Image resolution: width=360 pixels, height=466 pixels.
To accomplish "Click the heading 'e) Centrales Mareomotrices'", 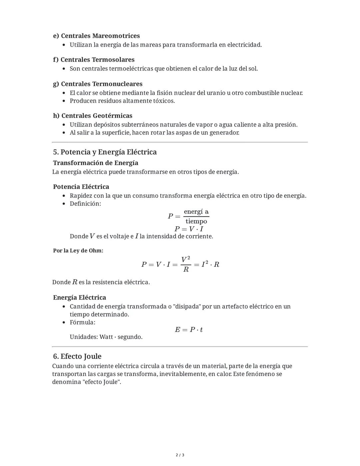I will (96, 36).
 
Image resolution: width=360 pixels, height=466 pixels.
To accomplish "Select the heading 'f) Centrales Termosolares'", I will (94, 60).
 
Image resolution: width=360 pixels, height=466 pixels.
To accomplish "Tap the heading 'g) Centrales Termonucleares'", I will (98, 84).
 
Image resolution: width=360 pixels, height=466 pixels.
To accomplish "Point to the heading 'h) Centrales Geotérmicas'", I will (93, 116).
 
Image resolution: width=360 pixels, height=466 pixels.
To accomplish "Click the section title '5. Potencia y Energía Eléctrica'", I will (105, 152).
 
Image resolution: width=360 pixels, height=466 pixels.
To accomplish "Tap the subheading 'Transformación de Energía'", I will (95, 163).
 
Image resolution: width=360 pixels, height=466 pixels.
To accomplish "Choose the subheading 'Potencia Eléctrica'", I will (81, 187).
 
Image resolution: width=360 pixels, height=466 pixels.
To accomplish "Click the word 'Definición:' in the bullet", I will (85, 203).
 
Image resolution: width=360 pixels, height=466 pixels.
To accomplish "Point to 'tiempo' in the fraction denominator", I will (196, 221).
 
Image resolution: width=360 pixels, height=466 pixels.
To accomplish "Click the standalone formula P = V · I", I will (189, 229).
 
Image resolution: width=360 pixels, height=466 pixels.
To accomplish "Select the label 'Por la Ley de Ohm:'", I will (78, 251).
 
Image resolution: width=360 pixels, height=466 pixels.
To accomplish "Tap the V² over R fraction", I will (186, 264).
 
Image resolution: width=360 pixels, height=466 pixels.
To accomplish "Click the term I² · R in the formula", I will (210, 265).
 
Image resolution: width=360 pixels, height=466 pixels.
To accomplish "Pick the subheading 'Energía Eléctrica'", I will (79, 298).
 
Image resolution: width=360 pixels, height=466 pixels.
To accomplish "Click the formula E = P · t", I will (189, 330).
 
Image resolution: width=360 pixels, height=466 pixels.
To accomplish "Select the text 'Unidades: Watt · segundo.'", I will (106, 337).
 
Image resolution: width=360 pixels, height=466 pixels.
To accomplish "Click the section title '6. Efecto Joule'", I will (77, 356).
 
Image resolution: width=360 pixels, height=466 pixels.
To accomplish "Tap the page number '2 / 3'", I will (180, 455).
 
